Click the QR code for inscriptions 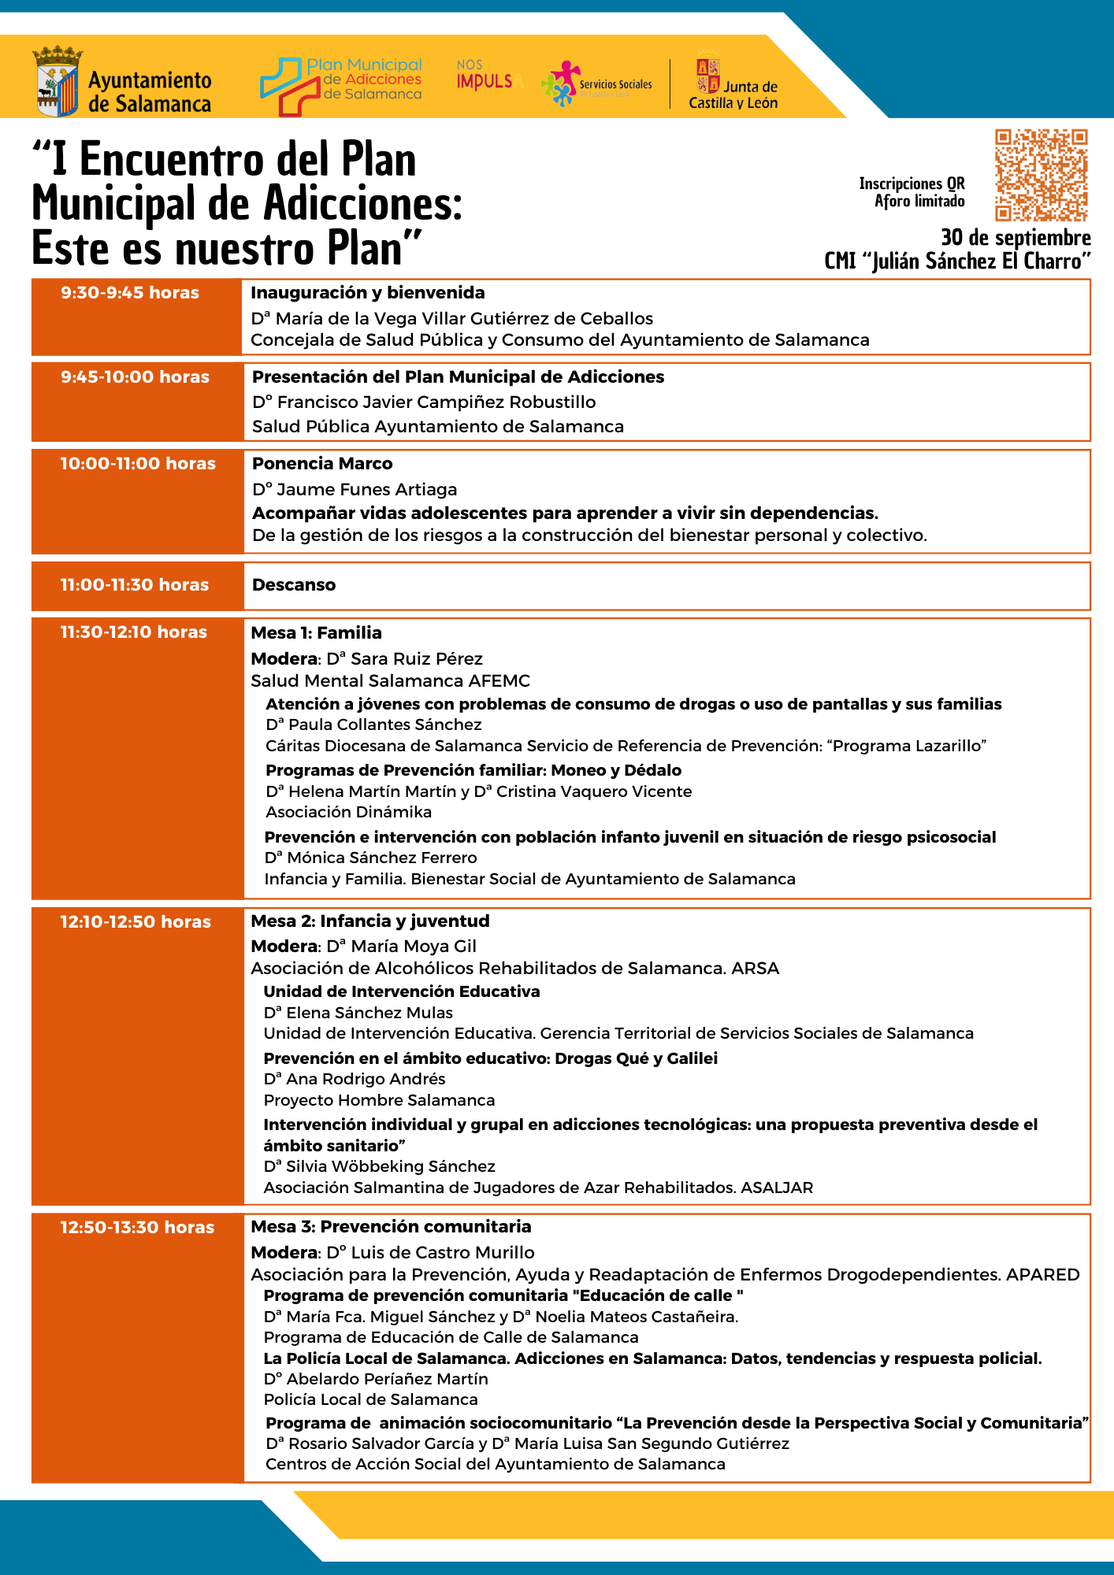coord(1041,175)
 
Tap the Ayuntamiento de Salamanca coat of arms coord(58,81)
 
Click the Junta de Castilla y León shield coord(707,76)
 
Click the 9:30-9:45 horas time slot coord(130,293)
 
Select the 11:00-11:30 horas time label coord(135,585)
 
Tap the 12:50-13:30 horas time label coord(137,1227)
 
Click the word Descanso coord(294,585)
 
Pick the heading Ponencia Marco coord(322,464)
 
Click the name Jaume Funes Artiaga coord(366,490)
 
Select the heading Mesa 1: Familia coord(316,632)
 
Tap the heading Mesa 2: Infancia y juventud coord(369,921)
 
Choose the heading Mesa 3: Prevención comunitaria coord(391,1226)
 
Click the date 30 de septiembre coord(1016,238)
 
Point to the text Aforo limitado coord(919,202)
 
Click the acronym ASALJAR coord(777,1188)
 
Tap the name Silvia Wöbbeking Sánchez coord(390,1166)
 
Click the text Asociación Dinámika coord(348,812)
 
